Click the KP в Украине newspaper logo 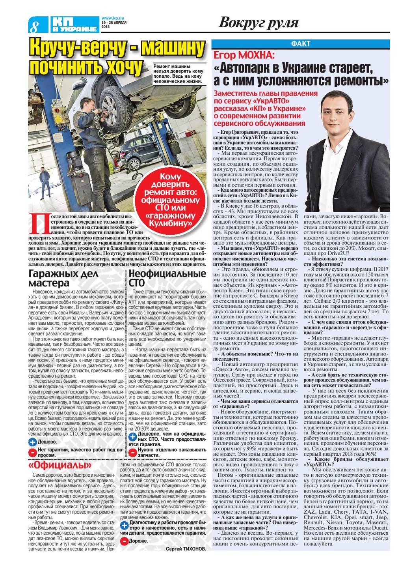pos(74,24)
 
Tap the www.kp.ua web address pos(113,18)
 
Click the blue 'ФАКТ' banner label pos(301,44)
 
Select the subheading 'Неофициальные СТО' pos(167,278)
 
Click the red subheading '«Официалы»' pos(60,466)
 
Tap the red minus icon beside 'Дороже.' pos(124,541)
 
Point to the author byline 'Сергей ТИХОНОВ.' pos(186,549)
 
